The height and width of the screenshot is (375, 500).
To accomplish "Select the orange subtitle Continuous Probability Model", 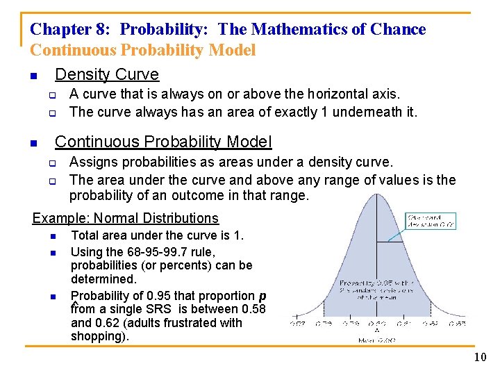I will pos(143,50).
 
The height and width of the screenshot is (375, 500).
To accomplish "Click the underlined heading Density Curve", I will pos(107,74).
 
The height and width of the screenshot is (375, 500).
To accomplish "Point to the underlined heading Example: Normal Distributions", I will pos(125,218).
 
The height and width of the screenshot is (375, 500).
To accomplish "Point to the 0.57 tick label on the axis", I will pos(298,323).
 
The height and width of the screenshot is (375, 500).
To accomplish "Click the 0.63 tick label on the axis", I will pos(457,323).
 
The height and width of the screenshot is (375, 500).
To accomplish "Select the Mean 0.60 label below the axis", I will pos(377,340).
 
